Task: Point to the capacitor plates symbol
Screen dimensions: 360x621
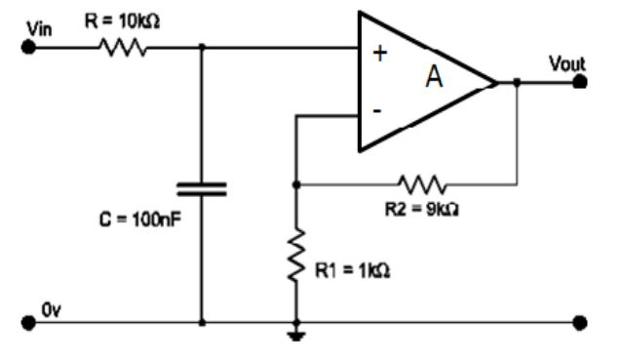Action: (x=201, y=188)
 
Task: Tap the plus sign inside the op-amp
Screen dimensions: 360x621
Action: (x=379, y=55)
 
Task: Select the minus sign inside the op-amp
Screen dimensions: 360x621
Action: (x=377, y=111)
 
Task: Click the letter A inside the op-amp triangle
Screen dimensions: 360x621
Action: (x=434, y=79)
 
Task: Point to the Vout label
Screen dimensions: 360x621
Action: (x=566, y=63)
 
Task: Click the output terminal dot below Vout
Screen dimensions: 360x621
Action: (x=581, y=83)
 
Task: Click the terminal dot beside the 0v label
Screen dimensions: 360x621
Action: (x=27, y=322)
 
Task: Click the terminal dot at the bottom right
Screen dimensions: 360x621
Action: (x=581, y=322)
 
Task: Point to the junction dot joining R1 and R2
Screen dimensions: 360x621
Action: (x=295, y=182)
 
